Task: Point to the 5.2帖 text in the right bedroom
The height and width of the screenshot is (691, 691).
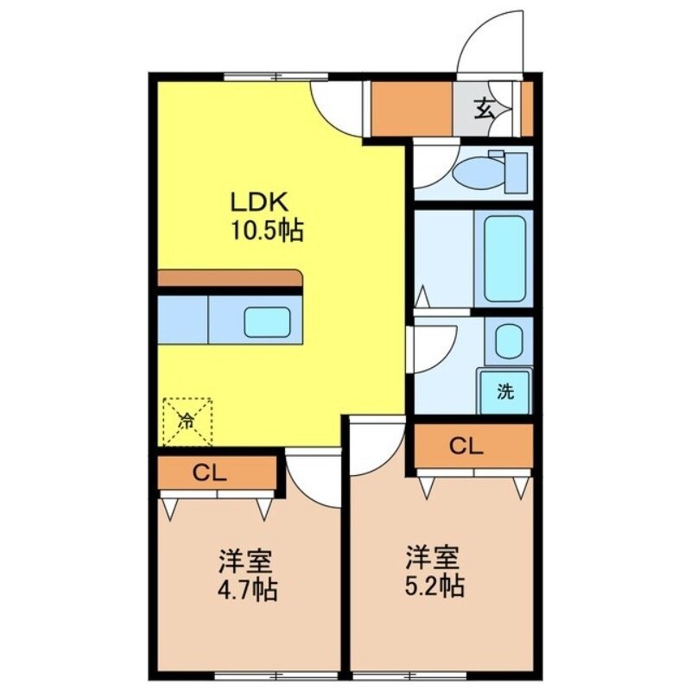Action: pos(435,586)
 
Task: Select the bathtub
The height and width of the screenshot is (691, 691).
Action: pos(504,258)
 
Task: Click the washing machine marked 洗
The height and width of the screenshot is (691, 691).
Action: pos(505,391)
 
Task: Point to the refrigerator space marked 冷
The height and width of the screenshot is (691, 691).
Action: pos(187,422)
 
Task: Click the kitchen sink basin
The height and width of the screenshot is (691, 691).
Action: pos(267,321)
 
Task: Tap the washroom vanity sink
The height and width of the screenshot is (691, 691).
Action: pos(508,341)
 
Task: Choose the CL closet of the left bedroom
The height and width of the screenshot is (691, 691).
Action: pos(217,472)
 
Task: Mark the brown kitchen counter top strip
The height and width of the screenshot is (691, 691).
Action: pos(230,279)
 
